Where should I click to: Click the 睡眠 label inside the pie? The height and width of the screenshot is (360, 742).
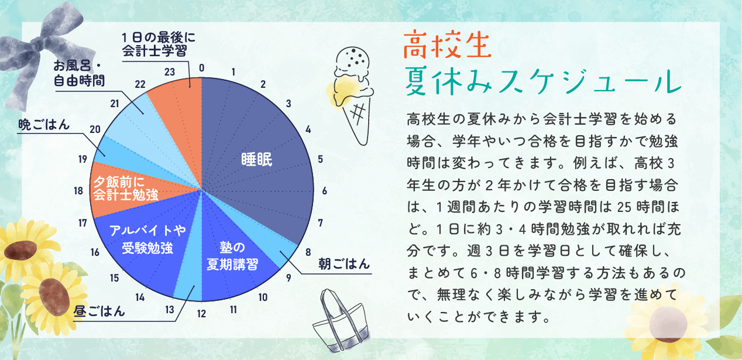(x=257, y=159)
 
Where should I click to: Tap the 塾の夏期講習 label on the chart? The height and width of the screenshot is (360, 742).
(x=232, y=256)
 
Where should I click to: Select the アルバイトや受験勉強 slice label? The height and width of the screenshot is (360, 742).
(x=147, y=239)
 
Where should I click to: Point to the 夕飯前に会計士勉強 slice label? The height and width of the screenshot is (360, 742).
(x=126, y=188)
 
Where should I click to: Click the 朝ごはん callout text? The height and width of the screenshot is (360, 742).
(x=344, y=264)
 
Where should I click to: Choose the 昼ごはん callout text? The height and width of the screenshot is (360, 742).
(x=99, y=311)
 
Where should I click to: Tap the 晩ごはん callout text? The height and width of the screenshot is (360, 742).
(x=44, y=125)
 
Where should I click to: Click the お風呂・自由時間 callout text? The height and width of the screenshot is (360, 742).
(x=79, y=73)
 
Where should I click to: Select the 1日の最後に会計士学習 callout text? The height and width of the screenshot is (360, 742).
(x=159, y=44)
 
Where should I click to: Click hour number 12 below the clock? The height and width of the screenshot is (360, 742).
(x=201, y=314)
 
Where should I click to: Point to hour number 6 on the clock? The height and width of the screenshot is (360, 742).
(x=325, y=191)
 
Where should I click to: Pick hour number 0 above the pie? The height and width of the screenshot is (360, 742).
(x=202, y=68)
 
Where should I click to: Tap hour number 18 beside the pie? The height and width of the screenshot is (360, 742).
(x=78, y=191)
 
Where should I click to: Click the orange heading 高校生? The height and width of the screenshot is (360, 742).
(x=447, y=44)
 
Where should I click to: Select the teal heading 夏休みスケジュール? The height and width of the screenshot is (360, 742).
(x=543, y=81)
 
